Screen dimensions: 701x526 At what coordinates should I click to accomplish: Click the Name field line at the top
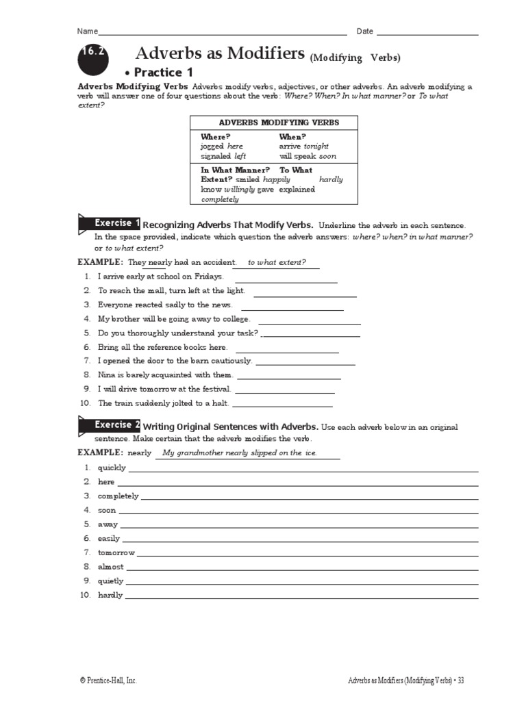[223, 33]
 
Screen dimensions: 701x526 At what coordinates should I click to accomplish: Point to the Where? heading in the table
[215, 136]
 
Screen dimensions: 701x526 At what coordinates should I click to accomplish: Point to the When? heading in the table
[292, 136]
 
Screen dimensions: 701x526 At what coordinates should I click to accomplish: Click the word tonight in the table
[316, 146]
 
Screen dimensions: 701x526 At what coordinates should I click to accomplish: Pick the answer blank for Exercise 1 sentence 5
[311, 335]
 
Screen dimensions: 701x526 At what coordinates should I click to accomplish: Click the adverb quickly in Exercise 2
[112, 468]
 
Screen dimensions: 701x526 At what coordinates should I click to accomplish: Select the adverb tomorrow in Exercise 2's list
[116, 552]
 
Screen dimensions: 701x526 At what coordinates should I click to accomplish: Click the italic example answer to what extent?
[276, 262]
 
